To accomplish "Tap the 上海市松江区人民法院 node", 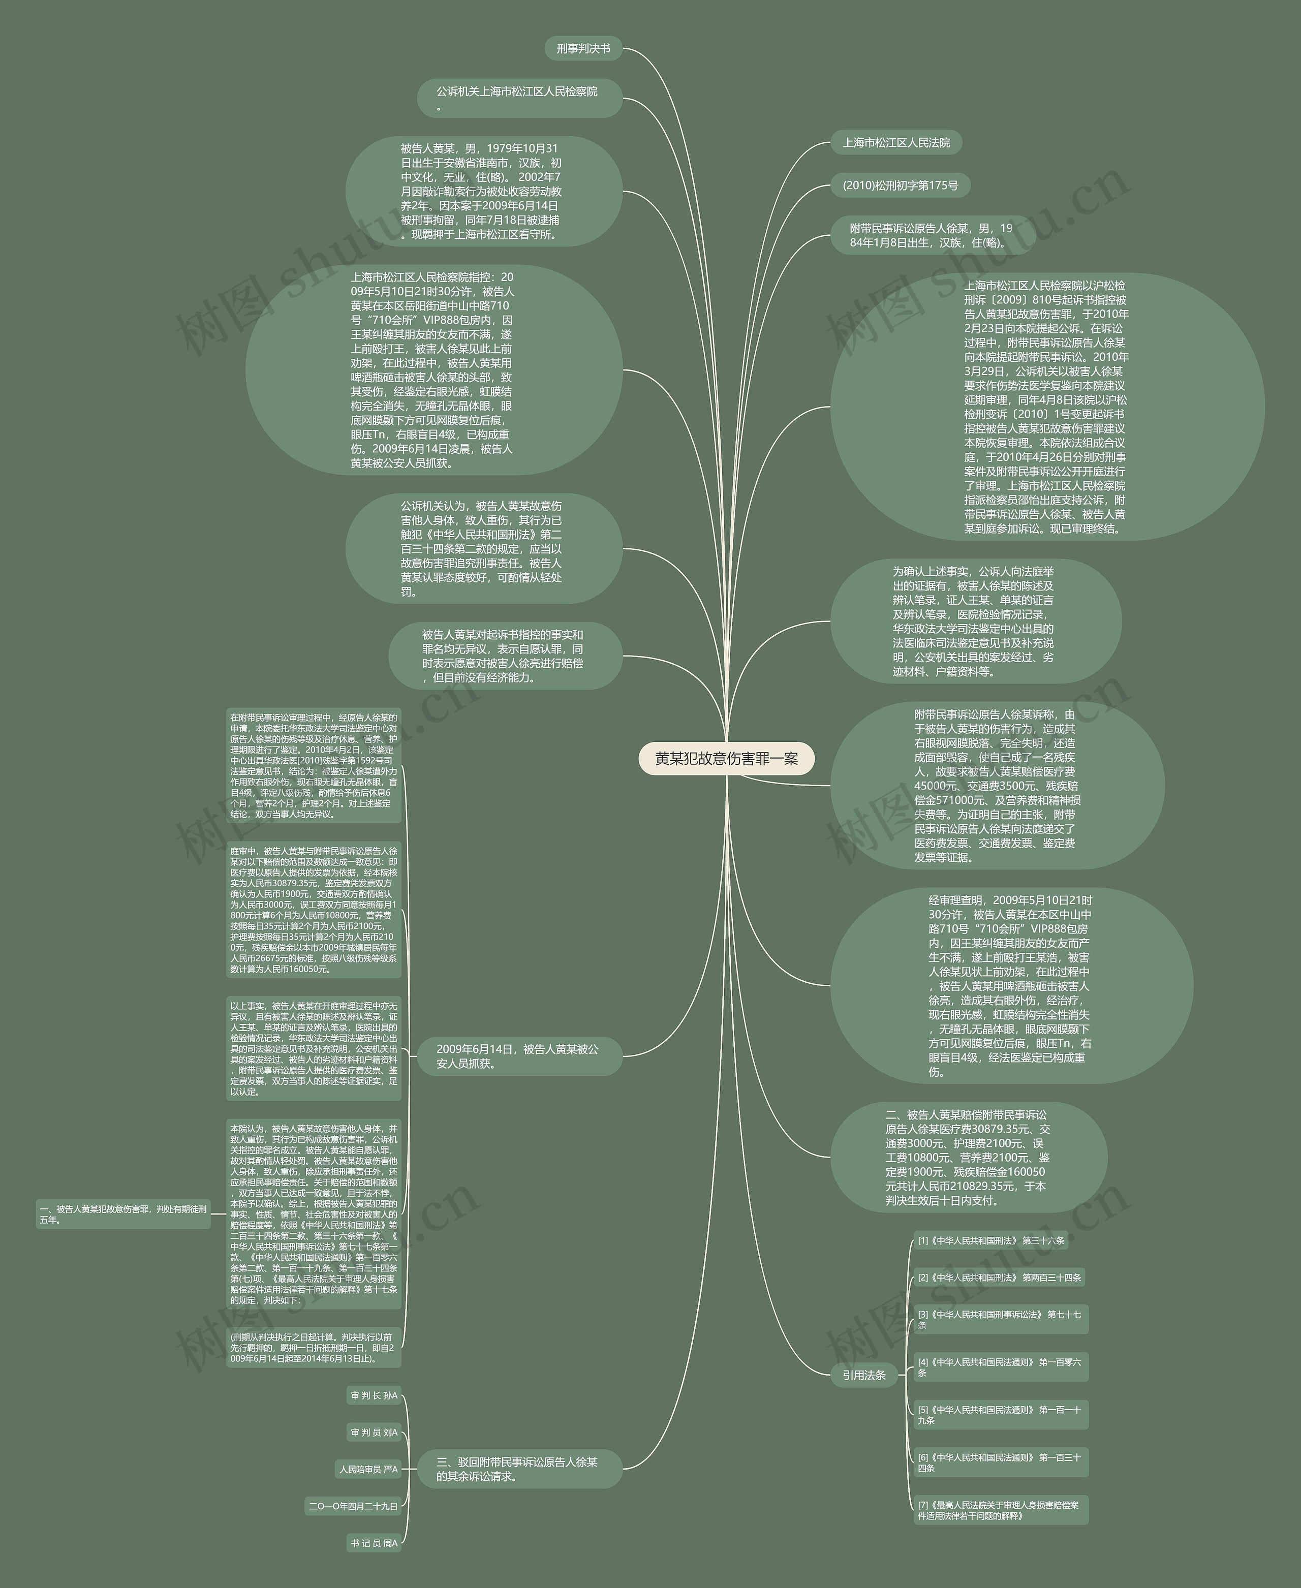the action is click(895, 142).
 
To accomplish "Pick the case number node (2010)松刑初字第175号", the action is click(900, 185).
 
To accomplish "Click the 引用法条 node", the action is click(864, 1375).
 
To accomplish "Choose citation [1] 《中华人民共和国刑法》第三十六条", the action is click(990, 1240).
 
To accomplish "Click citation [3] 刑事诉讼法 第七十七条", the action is click(999, 1319).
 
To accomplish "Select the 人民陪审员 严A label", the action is click(368, 1469).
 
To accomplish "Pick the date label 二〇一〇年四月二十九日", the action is click(353, 1506).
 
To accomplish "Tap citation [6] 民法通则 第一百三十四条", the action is click(999, 1462).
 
